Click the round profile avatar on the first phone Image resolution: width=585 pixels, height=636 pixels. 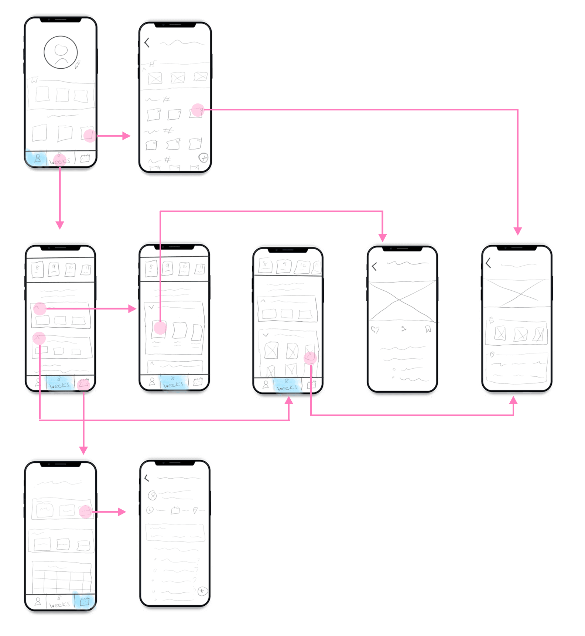[61, 52]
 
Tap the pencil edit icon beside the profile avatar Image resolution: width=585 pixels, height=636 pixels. [78, 65]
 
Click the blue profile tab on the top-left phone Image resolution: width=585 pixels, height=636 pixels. [36, 159]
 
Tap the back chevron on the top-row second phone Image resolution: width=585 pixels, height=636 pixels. [147, 43]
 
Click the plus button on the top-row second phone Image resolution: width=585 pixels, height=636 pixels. [203, 158]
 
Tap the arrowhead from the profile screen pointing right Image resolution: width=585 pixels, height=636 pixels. [127, 136]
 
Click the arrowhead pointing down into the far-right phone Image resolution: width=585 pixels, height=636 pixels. [518, 232]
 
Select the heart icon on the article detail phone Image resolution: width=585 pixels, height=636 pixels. [375, 329]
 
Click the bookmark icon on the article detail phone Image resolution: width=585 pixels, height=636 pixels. [428, 329]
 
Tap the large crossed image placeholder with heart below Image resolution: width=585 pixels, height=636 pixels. [402, 301]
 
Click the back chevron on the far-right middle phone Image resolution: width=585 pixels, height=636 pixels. [489, 263]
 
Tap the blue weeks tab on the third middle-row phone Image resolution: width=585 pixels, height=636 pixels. [287, 385]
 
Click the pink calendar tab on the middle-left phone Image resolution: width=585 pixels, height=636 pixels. [84, 384]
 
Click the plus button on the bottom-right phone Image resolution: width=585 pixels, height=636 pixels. [202, 591]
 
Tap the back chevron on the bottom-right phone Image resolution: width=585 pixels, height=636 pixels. [147, 478]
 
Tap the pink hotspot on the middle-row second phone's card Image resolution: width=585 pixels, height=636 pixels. [160, 328]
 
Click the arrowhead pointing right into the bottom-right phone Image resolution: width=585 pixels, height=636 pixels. [122, 512]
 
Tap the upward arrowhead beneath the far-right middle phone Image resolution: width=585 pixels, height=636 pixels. [513, 400]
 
